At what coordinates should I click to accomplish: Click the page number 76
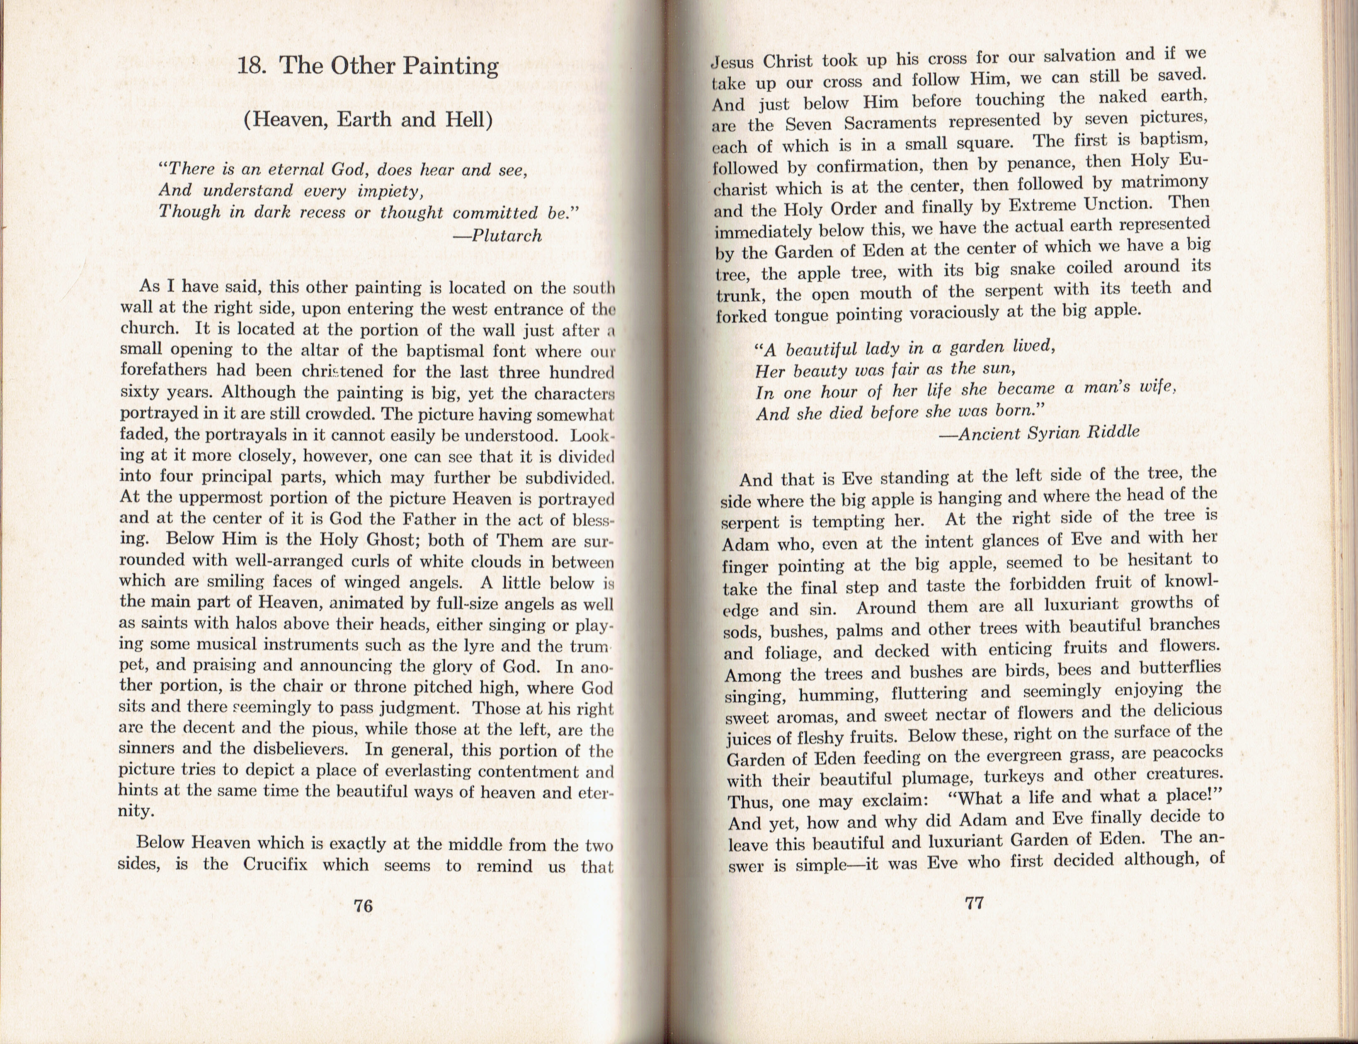click(x=363, y=906)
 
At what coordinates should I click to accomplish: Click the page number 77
click(x=974, y=902)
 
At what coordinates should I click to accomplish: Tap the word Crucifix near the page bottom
click(x=275, y=865)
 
